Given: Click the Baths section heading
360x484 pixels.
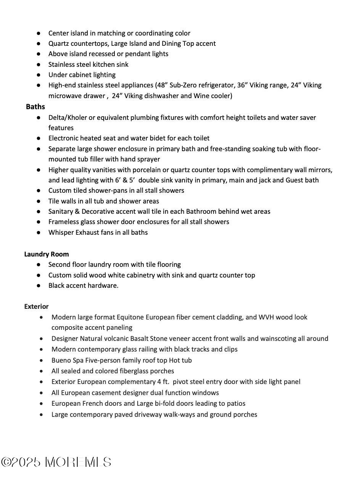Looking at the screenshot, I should [x=35, y=106].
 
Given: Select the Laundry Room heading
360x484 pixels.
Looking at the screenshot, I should [x=47, y=254].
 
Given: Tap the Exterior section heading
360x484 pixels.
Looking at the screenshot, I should [x=36, y=307].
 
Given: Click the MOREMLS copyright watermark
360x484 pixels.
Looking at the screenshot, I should [x=56, y=462].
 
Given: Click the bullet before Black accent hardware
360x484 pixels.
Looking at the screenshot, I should [x=39, y=286].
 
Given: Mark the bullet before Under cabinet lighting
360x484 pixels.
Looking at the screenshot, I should [x=39, y=75].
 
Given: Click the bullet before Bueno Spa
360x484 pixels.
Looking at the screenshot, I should [x=42, y=360].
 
